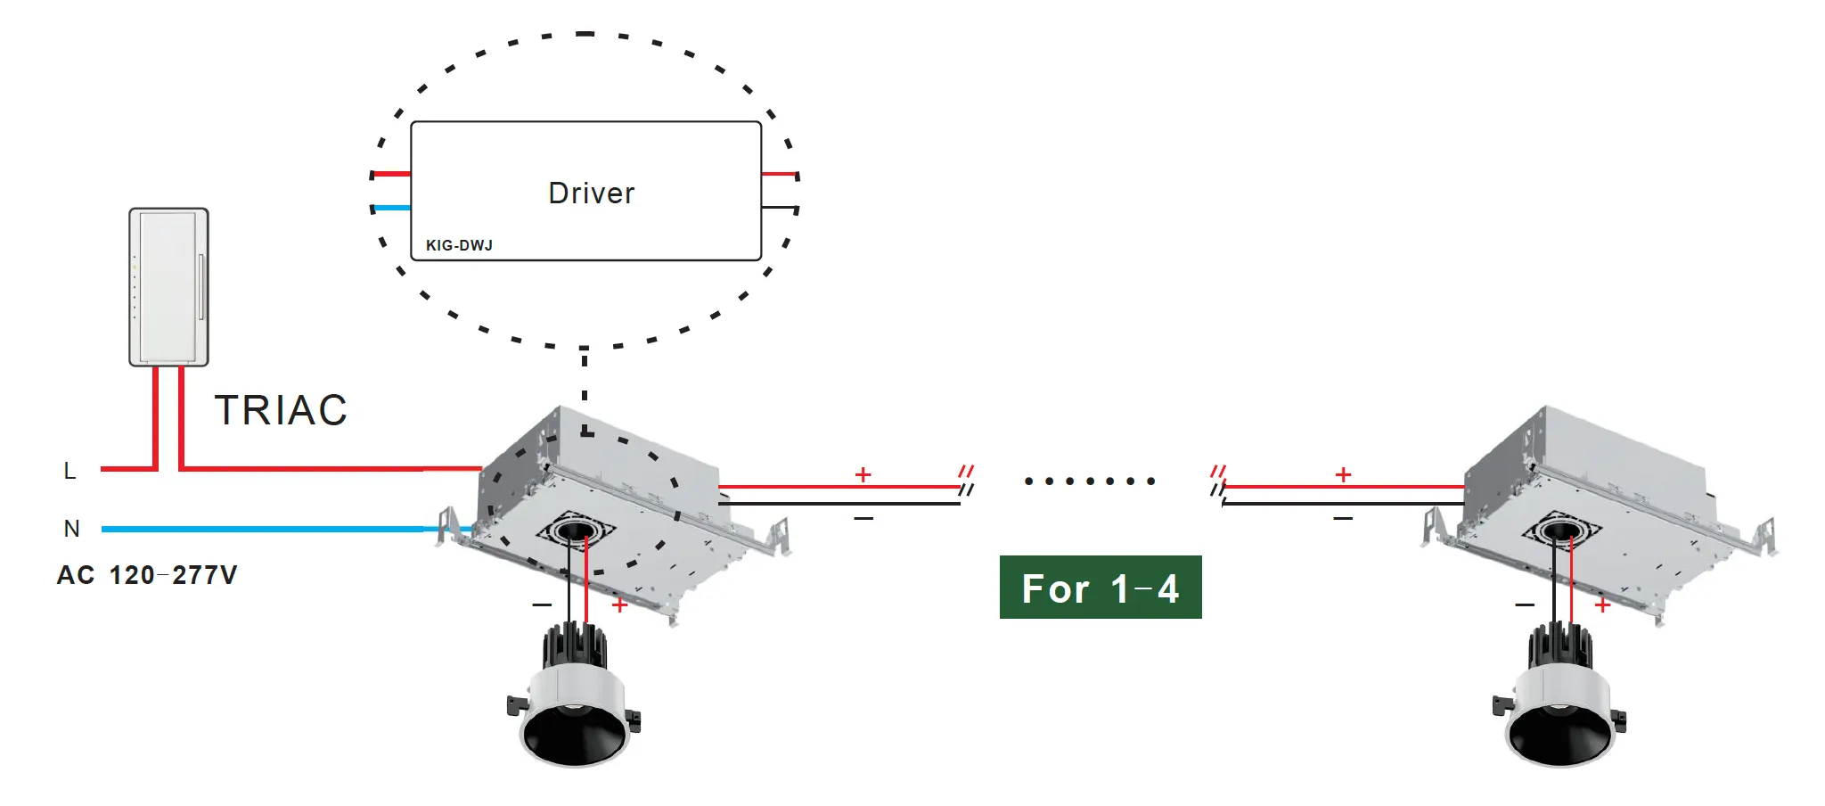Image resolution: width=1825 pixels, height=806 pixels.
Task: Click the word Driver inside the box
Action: click(x=591, y=193)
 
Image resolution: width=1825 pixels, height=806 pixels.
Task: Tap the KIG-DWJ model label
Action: click(x=459, y=245)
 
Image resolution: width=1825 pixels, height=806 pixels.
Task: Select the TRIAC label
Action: click(x=281, y=411)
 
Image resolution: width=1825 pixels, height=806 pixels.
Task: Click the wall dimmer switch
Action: click(x=168, y=286)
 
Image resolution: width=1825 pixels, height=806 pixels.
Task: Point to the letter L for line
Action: click(x=70, y=471)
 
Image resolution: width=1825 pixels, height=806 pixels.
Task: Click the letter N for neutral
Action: click(x=72, y=529)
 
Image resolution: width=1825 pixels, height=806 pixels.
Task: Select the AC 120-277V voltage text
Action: click(x=147, y=575)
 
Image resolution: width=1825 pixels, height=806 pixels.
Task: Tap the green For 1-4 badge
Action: click(x=1101, y=588)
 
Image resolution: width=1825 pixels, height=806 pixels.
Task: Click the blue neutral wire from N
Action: click(x=267, y=529)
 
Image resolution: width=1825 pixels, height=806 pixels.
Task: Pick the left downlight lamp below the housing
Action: click(x=575, y=704)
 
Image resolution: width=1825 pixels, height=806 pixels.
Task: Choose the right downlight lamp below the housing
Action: click(x=1559, y=704)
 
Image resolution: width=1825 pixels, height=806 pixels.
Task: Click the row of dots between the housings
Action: click(x=1089, y=481)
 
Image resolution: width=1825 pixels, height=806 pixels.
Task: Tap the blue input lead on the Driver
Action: click(x=392, y=208)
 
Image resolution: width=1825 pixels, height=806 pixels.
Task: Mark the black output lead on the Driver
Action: click(x=779, y=208)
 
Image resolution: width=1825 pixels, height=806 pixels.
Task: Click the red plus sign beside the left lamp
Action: click(x=620, y=605)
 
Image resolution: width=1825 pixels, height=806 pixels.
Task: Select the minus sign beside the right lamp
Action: click(x=1525, y=605)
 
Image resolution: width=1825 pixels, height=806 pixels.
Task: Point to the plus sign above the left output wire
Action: click(x=863, y=474)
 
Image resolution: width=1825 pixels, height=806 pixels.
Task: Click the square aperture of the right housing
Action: click(x=1559, y=532)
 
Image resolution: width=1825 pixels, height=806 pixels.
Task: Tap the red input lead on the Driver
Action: click(x=392, y=174)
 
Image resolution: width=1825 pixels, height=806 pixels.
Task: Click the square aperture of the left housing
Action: click(x=575, y=532)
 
